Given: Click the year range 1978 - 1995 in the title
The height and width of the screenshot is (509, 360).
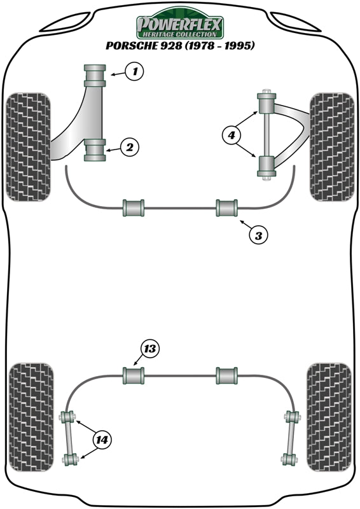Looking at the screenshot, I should coord(221,46).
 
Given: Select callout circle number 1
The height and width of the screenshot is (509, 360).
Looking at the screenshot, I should coord(135,72).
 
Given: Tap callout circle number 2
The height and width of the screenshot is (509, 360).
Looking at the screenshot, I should coord(129,148).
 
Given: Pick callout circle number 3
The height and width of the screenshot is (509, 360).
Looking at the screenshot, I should coord(257,235).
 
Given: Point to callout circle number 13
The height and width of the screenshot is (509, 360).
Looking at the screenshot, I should coord(149,349).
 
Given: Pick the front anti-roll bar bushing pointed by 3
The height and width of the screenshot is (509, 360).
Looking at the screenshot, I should coord(226,208).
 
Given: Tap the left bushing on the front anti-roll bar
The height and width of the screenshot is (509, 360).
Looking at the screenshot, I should coord(134,208).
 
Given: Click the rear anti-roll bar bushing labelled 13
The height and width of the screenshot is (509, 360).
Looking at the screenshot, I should coord(133,376).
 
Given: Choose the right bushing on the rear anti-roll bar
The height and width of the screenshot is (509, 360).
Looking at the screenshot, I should coord(226,376).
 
